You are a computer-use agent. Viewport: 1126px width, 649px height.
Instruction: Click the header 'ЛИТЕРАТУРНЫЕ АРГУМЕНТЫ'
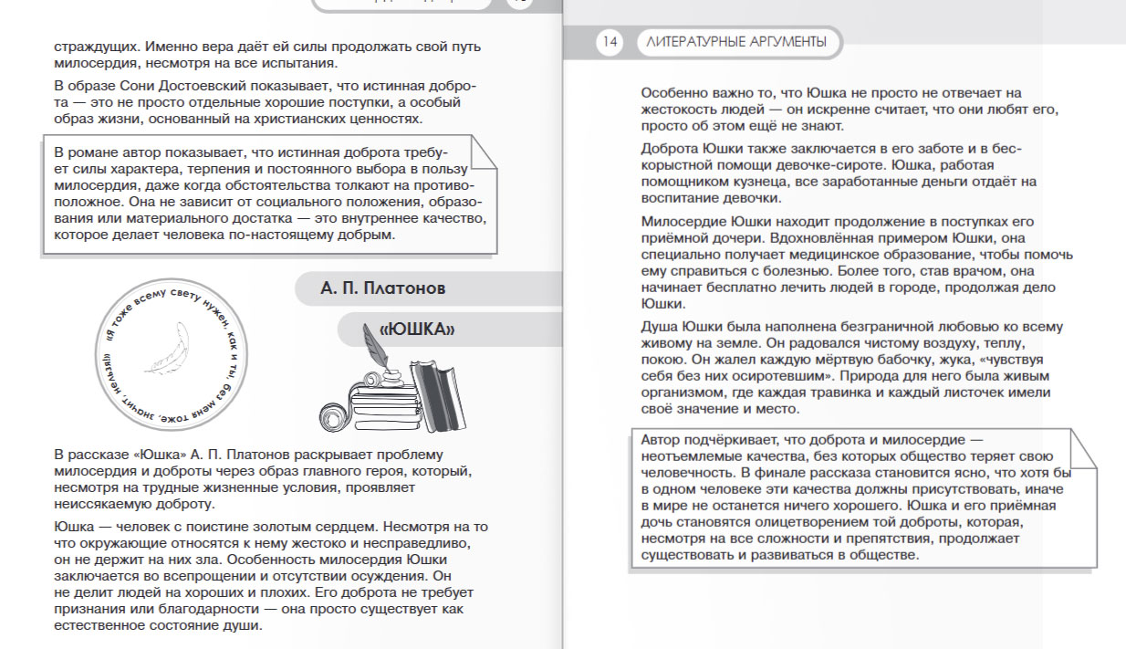[736, 42]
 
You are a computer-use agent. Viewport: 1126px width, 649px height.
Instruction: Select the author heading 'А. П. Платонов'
[382, 289]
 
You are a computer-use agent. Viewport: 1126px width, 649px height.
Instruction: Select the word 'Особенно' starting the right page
[673, 92]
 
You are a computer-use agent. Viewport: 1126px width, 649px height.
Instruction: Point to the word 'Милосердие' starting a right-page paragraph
[681, 222]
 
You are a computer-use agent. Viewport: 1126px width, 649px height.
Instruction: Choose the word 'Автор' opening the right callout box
[661, 438]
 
